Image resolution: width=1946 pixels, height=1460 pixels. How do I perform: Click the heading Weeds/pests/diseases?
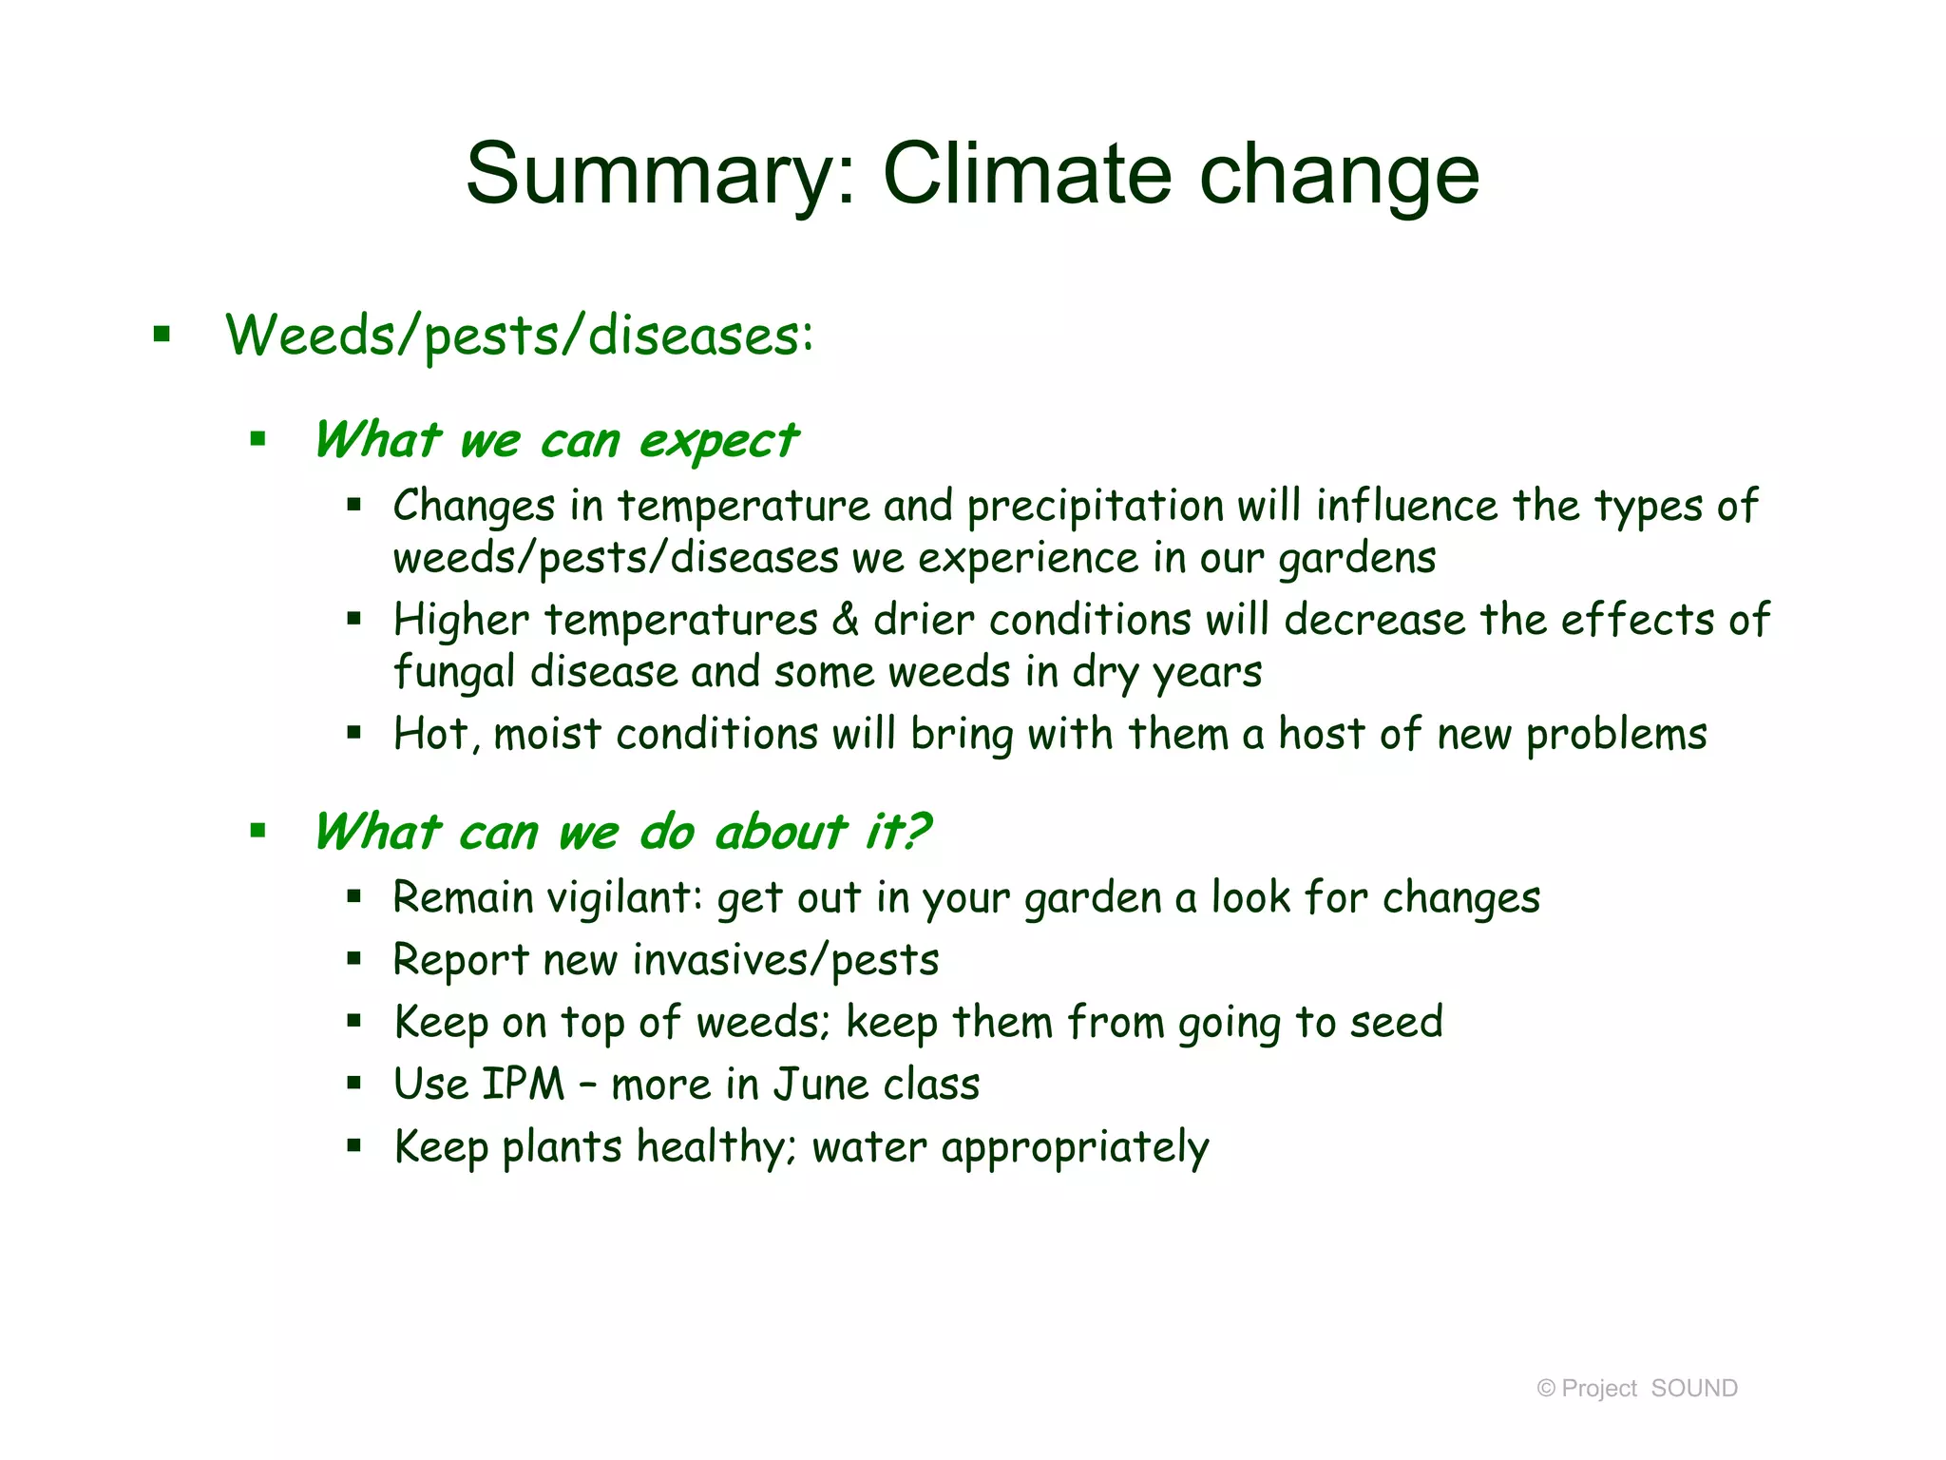click(x=519, y=336)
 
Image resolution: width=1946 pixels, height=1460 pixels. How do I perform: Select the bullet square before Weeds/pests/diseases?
click(x=162, y=334)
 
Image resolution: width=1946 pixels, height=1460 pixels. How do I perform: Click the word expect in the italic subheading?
click(x=718, y=441)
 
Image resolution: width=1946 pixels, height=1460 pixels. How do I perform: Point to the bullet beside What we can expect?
click(x=258, y=439)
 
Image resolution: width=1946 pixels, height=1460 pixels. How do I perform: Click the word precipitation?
click(x=1095, y=507)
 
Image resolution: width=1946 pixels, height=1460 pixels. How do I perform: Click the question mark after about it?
click(x=915, y=832)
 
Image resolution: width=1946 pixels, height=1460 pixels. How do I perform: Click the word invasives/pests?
click(x=785, y=960)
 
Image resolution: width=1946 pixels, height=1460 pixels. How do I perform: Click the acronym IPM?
click(x=524, y=1085)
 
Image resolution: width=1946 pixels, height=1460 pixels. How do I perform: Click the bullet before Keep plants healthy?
click(x=354, y=1146)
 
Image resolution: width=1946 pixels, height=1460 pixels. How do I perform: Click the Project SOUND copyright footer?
click(x=1636, y=1389)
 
